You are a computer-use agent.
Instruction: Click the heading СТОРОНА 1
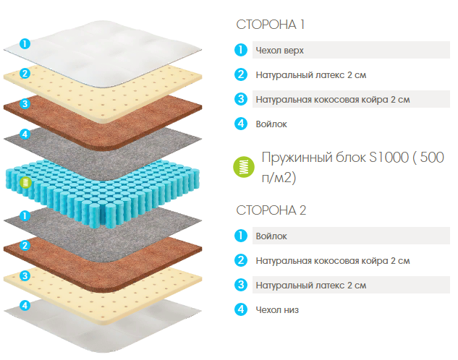(x=271, y=25)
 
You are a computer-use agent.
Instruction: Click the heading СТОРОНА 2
(x=271, y=210)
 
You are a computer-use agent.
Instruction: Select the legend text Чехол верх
(x=279, y=51)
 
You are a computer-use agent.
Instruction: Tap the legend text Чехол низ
(x=277, y=310)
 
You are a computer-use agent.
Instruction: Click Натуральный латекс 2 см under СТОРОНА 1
(x=311, y=75)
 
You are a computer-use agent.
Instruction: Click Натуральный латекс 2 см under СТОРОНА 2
(x=311, y=286)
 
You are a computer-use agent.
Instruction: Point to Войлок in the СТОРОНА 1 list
(x=271, y=124)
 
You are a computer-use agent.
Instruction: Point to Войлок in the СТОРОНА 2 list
(x=271, y=236)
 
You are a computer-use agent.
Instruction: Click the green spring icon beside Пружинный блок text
(x=244, y=167)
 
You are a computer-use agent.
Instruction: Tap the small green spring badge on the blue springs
(x=26, y=182)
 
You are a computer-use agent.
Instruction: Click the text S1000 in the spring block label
(x=389, y=158)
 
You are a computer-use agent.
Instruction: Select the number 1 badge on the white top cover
(x=25, y=43)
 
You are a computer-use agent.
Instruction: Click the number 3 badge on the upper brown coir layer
(x=25, y=103)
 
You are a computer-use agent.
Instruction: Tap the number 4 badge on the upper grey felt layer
(x=25, y=134)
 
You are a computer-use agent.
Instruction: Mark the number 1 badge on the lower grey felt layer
(x=25, y=216)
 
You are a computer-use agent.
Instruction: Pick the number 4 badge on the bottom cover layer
(x=25, y=306)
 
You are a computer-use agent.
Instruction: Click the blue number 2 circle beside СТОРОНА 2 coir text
(x=241, y=260)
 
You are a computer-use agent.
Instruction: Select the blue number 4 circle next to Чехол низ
(x=241, y=309)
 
